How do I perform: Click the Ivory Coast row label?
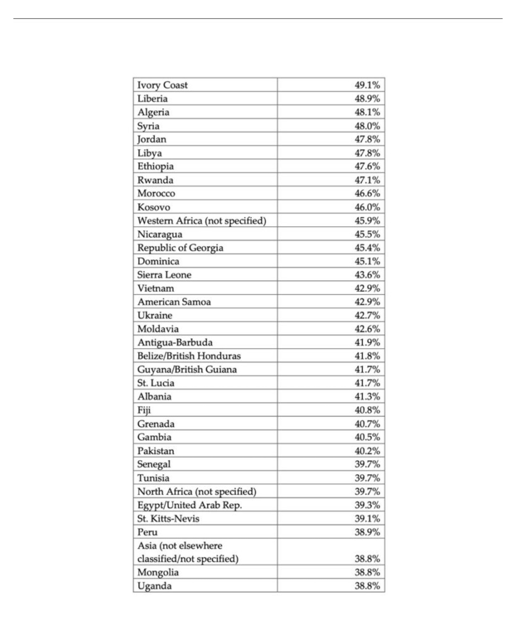(162, 85)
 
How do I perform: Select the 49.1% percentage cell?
(367, 85)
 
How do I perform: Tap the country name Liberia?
(152, 99)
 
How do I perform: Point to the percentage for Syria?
(367, 126)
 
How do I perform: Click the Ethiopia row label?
(155, 166)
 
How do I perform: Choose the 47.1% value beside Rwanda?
(367, 180)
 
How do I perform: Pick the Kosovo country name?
(153, 207)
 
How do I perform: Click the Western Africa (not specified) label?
(202, 220)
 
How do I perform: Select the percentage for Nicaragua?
(367, 234)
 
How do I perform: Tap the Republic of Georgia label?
(180, 248)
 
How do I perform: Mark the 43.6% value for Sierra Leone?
(367, 275)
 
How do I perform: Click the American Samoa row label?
(174, 302)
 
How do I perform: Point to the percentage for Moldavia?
(367, 329)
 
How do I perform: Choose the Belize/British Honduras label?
(189, 356)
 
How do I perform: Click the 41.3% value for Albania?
(367, 396)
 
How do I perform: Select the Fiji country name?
(144, 410)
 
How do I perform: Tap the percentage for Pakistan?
(367, 451)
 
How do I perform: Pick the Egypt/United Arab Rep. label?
(189, 505)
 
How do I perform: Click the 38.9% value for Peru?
(367, 532)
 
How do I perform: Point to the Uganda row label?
(154, 586)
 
